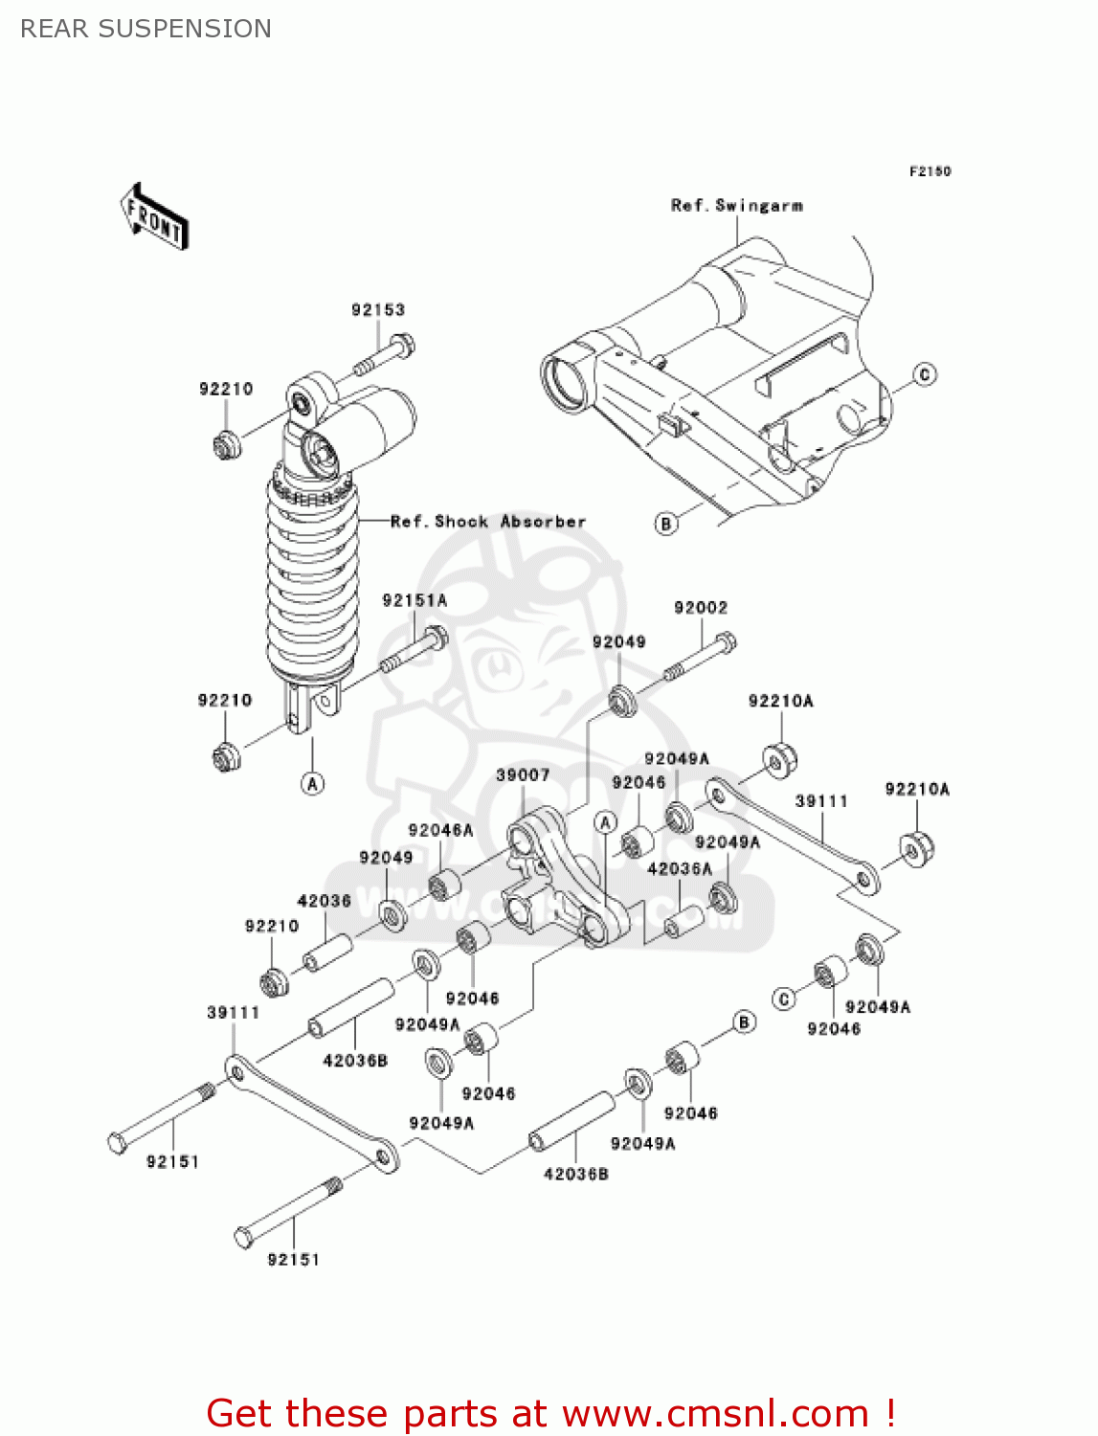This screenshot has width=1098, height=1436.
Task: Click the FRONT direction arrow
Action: (x=153, y=216)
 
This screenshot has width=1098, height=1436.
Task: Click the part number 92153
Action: (x=378, y=310)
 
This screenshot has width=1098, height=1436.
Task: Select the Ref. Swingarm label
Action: (x=737, y=206)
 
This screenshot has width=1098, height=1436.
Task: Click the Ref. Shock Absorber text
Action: (x=488, y=522)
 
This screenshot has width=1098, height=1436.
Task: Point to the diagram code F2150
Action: (x=930, y=171)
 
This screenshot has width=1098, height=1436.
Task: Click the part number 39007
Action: (x=523, y=775)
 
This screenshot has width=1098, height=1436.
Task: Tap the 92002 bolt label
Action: (x=701, y=608)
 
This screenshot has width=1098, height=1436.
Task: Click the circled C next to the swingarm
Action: (x=925, y=374)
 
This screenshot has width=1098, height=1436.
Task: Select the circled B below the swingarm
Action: (x=666, y=524)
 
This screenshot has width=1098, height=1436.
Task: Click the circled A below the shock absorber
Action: (x=312, y=783)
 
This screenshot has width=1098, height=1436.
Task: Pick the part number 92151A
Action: (x=415, y=600)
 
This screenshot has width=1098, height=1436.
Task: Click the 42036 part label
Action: (x=325, y=901)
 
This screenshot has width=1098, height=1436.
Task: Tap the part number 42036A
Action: (x=680, y=869)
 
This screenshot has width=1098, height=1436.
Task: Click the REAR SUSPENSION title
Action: (x=146, y=29)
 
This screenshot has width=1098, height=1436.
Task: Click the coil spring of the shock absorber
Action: (x=312, y=584)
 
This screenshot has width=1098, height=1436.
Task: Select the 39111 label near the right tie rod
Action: (x=821, y=801)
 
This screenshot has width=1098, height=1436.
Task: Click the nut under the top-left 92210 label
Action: (x=226, y=445)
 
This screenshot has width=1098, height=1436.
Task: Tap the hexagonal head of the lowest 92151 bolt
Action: (x=244, y=1238)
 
